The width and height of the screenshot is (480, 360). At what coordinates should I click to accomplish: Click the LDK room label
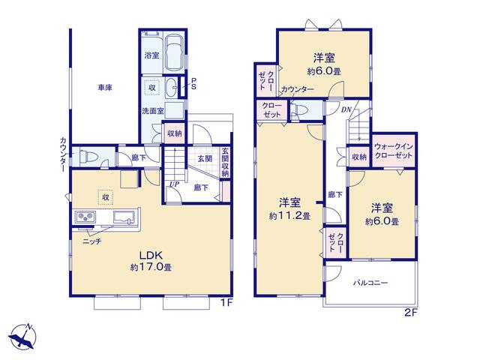[x=151, y=255]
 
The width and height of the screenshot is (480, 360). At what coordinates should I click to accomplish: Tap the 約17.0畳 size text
[x=151, y=267]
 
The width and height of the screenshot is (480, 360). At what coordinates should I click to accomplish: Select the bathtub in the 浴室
[x=174, y=52]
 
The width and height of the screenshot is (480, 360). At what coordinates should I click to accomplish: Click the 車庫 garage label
[x=105, y=88]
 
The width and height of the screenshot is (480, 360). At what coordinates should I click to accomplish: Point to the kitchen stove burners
[x=84, y=217]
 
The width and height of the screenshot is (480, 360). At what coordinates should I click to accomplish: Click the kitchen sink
[x=124, y=217]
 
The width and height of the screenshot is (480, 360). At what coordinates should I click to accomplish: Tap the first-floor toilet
[x=88, y=157]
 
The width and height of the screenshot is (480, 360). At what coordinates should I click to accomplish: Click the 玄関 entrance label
[x=205, y=158]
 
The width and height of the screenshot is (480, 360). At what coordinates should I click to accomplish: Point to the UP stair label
[x=174, y=184]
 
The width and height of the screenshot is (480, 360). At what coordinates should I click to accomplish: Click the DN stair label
[x=346, y=109]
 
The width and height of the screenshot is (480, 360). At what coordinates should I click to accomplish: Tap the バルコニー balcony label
[x=370, y=283]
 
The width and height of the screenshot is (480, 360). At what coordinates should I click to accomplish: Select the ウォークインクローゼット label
[x=393, y=151]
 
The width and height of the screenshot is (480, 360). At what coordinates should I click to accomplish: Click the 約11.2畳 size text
[x=289, y=216]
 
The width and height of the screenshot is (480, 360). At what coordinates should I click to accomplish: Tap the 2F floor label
[x=411, y=313]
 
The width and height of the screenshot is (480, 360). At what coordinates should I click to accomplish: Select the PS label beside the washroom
[x=193, y=83]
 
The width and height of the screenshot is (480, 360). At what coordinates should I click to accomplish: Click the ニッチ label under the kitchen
[x=91, y=241]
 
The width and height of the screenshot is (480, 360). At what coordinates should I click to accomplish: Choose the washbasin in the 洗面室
[x=172, y=86]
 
